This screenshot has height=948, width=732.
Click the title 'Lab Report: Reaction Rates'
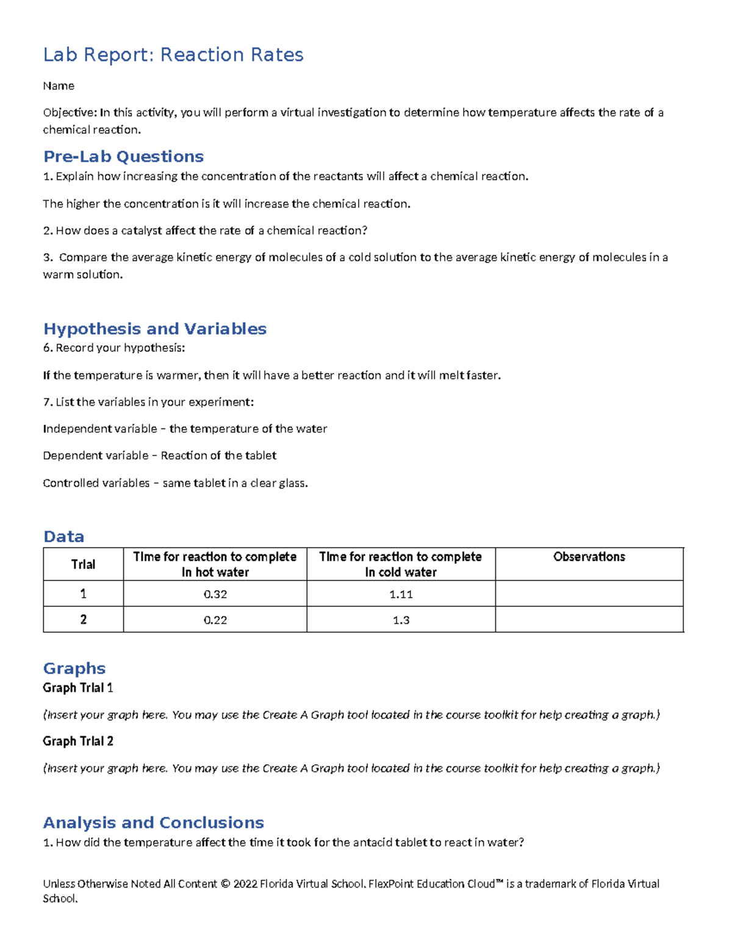[173, 55]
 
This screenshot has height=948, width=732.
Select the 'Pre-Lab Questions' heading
[123, 157]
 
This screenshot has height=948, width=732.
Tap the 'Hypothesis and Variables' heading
[155, 329]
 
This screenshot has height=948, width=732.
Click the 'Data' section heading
[63, 537]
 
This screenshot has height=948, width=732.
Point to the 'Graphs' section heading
[74, 668]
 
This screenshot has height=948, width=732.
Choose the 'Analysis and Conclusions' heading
[153, 823]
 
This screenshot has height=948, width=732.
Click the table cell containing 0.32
[215, 594]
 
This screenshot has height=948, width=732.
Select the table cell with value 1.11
[401, 594]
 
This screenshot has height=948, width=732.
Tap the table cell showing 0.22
[215, 620]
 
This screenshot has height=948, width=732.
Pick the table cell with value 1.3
[401, 620]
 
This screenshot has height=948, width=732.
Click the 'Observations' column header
[589, 557]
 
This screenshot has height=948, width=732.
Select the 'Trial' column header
[83, 564]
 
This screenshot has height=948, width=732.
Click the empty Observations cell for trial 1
[589, 593]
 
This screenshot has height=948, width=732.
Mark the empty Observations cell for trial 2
[589, 620]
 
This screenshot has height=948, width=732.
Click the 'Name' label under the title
[59, 86]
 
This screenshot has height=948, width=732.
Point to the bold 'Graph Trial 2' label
[77, 741]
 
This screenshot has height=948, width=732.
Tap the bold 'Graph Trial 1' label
[77, 688]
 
